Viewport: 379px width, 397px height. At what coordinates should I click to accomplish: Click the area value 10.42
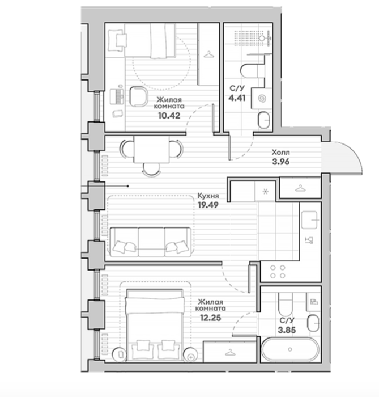(169, 116)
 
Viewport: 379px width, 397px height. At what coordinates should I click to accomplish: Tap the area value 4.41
(237, 98)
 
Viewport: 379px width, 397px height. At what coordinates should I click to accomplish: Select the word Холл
(280, 153)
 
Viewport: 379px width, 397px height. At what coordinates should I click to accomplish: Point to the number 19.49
(208, 205)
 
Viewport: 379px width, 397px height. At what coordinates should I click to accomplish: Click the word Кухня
(208, 196)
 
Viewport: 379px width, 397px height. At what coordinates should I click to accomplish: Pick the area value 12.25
(210, 318)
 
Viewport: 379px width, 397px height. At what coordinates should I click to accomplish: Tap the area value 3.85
(287, 330)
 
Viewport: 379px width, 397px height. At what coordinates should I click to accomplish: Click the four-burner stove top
(278, 272)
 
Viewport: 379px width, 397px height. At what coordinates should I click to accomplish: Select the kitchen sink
(309, 220)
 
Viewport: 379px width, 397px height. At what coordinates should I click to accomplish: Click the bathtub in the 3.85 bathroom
(290, 350)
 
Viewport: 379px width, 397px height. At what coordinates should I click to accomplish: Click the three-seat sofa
(151, 242)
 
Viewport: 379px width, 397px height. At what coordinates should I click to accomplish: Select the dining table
(151, 149)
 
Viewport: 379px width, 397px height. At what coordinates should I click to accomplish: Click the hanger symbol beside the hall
(300, 188)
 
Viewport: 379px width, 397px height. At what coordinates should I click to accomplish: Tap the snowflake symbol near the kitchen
(266, 192)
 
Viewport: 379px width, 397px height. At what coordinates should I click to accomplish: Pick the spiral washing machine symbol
(262, 99)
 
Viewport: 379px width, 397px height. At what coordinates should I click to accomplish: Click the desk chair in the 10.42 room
(139, 96)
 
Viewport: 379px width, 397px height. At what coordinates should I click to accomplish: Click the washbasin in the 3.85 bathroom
(313, 323)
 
